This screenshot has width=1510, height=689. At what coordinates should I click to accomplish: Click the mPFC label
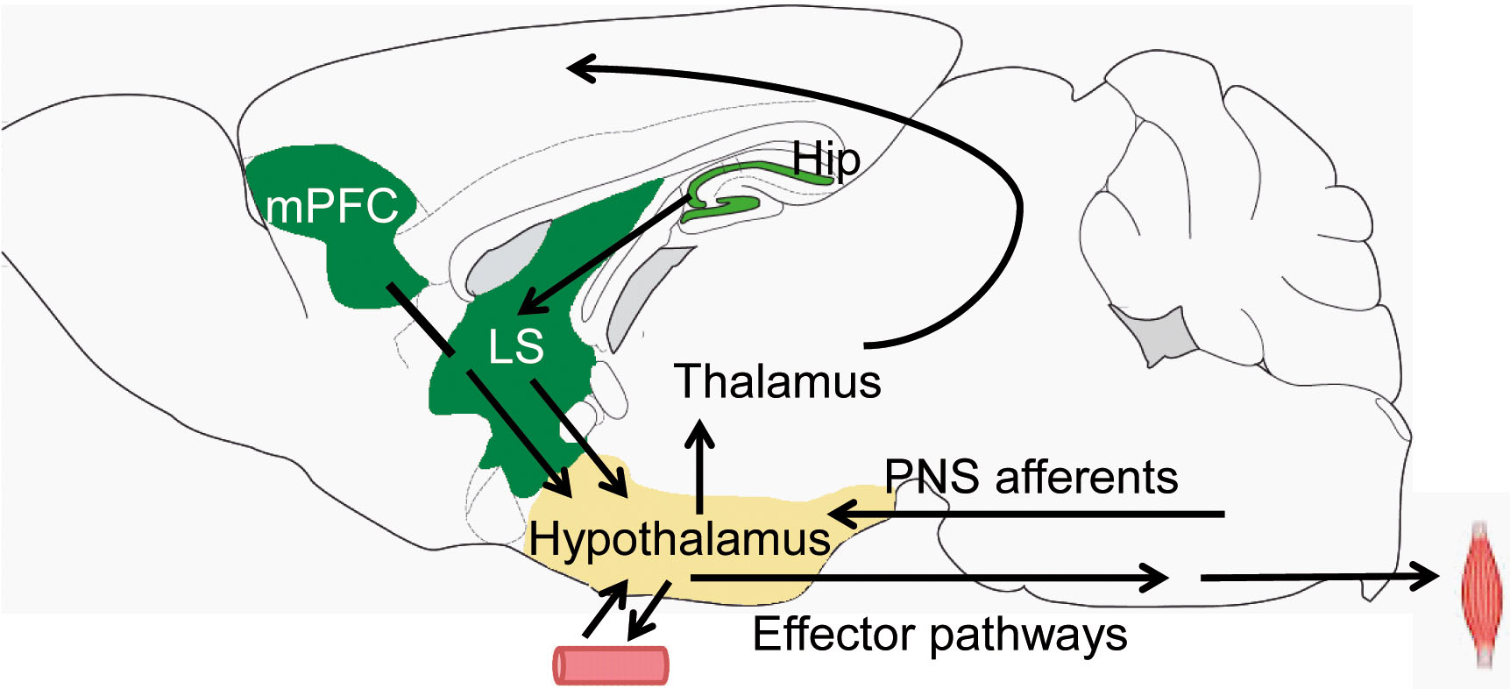pos(332,207)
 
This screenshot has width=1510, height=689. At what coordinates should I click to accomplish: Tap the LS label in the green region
pos(515,346)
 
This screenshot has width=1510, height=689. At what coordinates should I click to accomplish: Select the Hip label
pos(826,160)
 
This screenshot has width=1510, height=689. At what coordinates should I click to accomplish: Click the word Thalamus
pos(777,382)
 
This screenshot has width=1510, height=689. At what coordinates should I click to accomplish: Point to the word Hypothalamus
pos(679,538)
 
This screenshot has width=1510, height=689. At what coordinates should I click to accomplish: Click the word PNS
pos(932,478)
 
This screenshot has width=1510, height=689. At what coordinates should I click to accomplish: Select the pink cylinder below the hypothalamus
pos(611,665)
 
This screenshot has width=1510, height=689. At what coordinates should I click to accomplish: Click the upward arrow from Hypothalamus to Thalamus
pos(699,465)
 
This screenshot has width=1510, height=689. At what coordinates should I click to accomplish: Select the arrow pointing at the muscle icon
pos(1315,577)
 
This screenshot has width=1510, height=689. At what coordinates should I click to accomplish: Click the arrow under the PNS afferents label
pos(1025,513)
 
